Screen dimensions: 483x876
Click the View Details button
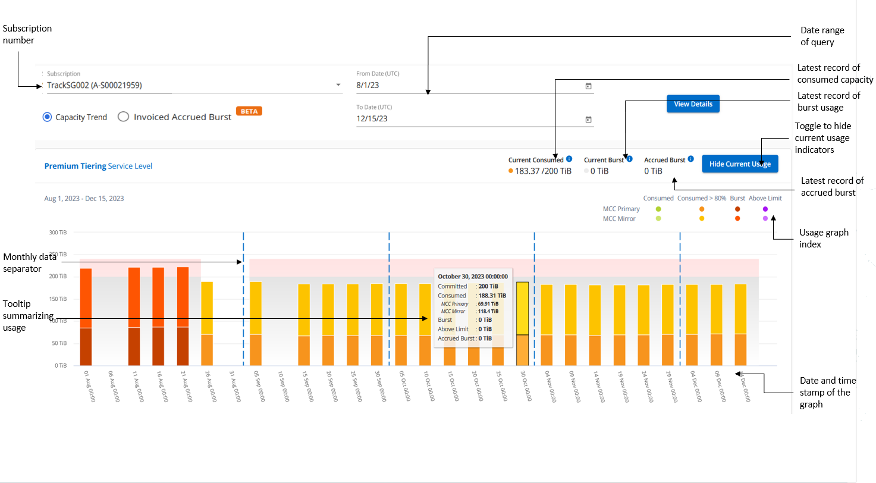pyautogui.click(x=693, y=104)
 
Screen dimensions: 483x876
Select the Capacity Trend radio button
pyautogui.click(x=48, y=117)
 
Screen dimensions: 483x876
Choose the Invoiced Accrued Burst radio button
pyautogui.click(x=123, y=117)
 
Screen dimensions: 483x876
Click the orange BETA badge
pyautogui.click(x=249, y=111)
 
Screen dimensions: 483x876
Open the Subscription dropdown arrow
pyautogui.click(x=338, y=85)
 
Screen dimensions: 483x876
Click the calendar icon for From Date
pyautogui.click(x=588, y=86)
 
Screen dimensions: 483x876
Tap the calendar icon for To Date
pyautogui.click(x=588, y=119)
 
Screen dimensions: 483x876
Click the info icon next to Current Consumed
pyautogui.click(x=569, y=159)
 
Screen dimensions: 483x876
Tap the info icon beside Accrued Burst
pyautogui.click(x=690, y=159)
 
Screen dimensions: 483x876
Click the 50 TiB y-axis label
pyautogui.click(x=59, y=343)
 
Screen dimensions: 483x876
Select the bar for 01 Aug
pyautogui.click(x=86, y=316)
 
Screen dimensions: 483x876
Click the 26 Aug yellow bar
pyautogui.click(x=207, y=323)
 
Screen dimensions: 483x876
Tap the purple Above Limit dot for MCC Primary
pyautogui.click(x=765, y=209)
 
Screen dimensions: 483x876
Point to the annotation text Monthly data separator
pyautogui.click(x=30, y=262)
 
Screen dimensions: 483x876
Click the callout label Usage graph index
pyautogui.click(x=823, y=238)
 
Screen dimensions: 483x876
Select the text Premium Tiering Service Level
pyautogui.click(x=98, y=166)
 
